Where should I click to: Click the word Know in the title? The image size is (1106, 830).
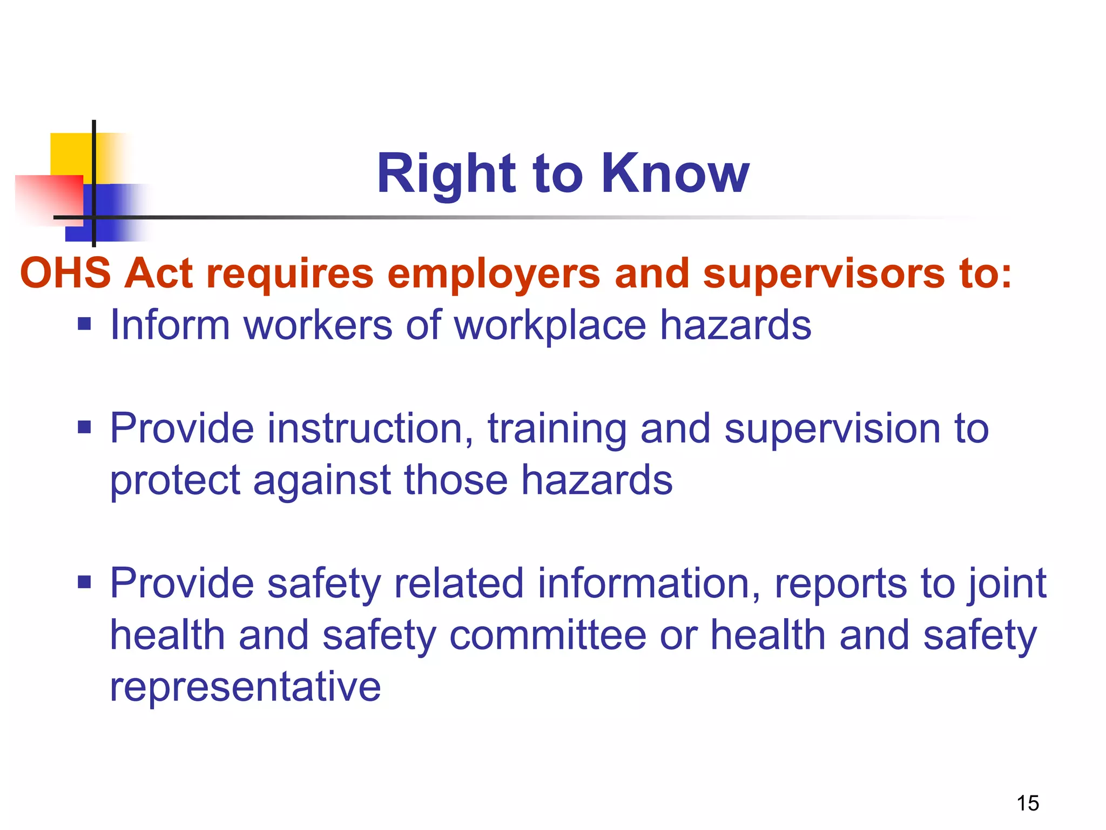(x=675, y=173)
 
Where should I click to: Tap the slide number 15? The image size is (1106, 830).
(x=1028, y=803)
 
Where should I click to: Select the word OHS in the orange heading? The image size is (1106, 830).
(x=65, y=273)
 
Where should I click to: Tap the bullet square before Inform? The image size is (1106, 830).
(x=84, y=324)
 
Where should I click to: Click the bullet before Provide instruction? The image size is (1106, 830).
(x=84, y=427)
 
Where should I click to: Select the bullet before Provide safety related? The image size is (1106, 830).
(x=84, y=583)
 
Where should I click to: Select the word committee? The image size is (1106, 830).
(x=548, y=635)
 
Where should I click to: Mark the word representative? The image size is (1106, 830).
(x=245, y=686)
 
